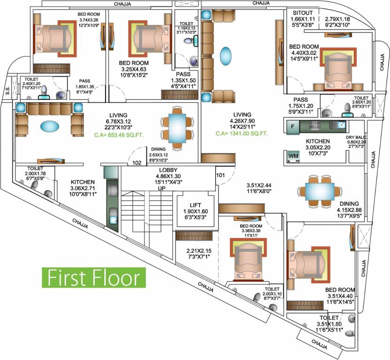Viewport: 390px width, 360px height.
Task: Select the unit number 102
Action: pyautogui.click(x=137, y=164)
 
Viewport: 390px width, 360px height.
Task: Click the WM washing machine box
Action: pyautogui.click(x=293, y=155)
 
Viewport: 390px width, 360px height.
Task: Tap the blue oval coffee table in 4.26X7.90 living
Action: pyautogui.click(x=227, y=52)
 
